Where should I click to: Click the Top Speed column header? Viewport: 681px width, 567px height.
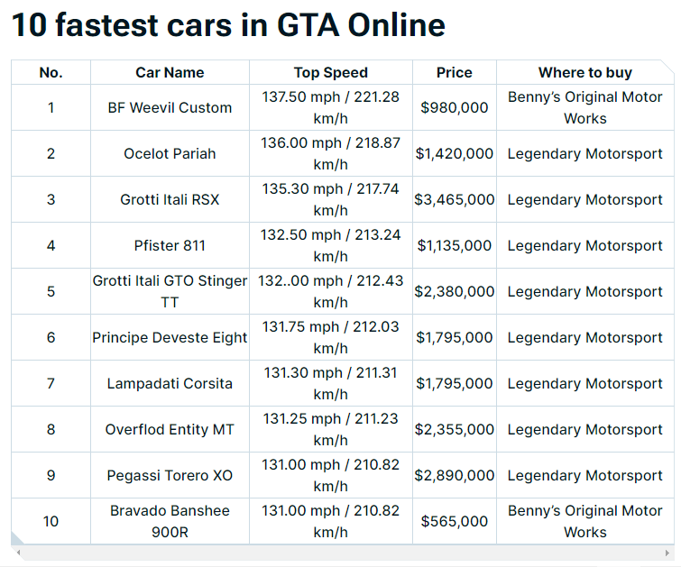[x=330, y=72]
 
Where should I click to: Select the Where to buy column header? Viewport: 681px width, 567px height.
[x=584, y=72]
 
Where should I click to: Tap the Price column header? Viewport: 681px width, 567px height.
[x=454, y=72]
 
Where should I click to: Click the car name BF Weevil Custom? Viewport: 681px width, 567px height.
[x=170, y=107]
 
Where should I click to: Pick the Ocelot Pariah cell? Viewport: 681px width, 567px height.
[x=170, y=153]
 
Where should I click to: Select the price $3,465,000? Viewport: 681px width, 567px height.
[x=454, y=199]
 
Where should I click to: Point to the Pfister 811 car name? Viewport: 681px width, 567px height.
[x=170, y=245]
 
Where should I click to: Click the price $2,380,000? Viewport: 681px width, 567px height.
[x=454, y=291]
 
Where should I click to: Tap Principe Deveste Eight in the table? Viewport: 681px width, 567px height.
[x=170, y=337]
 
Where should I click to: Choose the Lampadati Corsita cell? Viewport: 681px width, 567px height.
[x=170, y=383]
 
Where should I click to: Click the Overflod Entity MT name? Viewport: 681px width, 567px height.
[x=170, y=429]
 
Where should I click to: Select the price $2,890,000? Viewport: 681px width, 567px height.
[x=454, y=475]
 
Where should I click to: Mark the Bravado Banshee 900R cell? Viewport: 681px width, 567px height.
[x=170, y=521]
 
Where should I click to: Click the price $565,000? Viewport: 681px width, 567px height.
[x=454, y=521]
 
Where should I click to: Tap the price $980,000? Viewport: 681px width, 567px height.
[x=454, y=107]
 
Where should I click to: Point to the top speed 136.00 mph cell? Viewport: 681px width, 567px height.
[x=330, y=153]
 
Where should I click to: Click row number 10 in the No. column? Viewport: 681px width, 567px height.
[x=51, y=521]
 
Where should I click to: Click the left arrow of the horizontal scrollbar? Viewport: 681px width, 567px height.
[x=18, y=552]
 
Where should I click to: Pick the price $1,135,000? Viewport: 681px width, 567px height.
[x=454, y=245]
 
